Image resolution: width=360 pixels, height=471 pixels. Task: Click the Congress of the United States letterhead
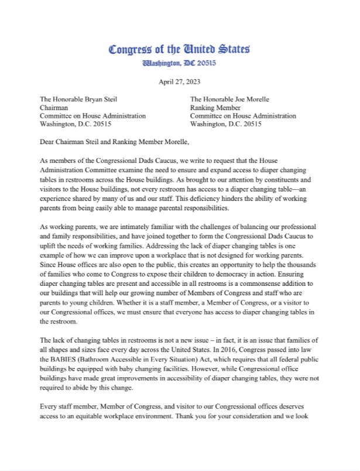point(180,49)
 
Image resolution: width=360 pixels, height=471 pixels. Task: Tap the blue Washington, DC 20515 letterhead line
point(180,63)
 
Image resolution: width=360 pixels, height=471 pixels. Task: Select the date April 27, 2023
point(180,81)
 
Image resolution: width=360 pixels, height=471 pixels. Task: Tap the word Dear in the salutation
point(49,141)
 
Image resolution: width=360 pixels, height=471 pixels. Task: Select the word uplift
point(48,246)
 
